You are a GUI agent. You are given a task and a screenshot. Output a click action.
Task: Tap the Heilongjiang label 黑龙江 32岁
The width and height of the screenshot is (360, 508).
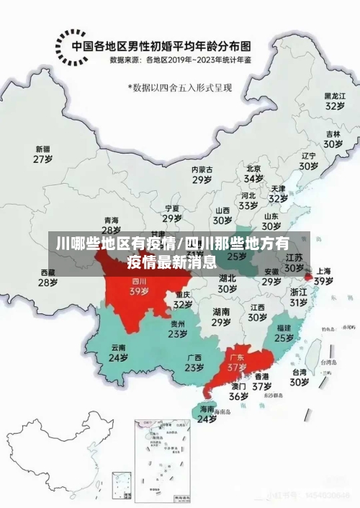click(x=334, y=100)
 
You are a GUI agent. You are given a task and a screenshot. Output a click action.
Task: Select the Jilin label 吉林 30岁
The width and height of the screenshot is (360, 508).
click(x=332, y=138)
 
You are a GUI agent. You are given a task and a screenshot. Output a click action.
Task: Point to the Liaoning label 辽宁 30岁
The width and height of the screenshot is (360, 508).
click(x=309, y=161)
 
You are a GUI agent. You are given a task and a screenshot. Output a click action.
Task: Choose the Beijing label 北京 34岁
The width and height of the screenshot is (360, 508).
click(x=253, y=173)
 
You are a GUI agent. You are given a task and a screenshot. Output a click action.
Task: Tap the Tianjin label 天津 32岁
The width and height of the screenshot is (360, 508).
click(x=278, y=193)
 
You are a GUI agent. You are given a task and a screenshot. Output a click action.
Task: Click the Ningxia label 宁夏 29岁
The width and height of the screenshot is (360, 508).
click(x=171, y=213)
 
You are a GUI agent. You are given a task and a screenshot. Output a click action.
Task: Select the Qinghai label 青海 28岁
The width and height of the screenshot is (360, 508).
click(x=112, y=225)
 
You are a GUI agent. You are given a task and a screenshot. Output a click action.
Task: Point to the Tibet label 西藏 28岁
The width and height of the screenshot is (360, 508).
click(x=48, y=277)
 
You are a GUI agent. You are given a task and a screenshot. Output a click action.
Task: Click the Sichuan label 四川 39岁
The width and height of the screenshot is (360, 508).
click(x=139, y=287)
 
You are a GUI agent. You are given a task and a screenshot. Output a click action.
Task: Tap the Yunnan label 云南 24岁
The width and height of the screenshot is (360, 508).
click(x=118, y=352)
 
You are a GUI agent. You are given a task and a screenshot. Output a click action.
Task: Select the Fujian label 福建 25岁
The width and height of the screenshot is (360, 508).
click(x=284, y=332)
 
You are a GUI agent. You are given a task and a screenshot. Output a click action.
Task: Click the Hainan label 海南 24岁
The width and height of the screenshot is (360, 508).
click(x=207, y=414)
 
